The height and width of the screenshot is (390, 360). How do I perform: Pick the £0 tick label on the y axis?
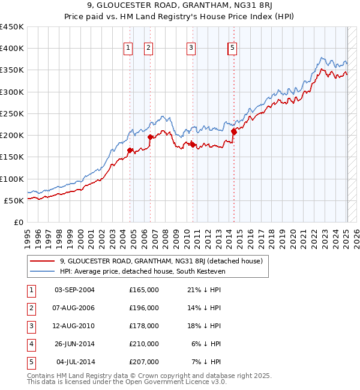(19, 222)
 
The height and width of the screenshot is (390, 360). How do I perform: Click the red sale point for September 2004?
(130, 151)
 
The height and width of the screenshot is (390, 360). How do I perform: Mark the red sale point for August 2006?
(151, 137)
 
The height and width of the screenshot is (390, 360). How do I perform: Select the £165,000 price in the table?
(144, 290)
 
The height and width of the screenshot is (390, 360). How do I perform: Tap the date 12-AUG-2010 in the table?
(74, 326)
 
